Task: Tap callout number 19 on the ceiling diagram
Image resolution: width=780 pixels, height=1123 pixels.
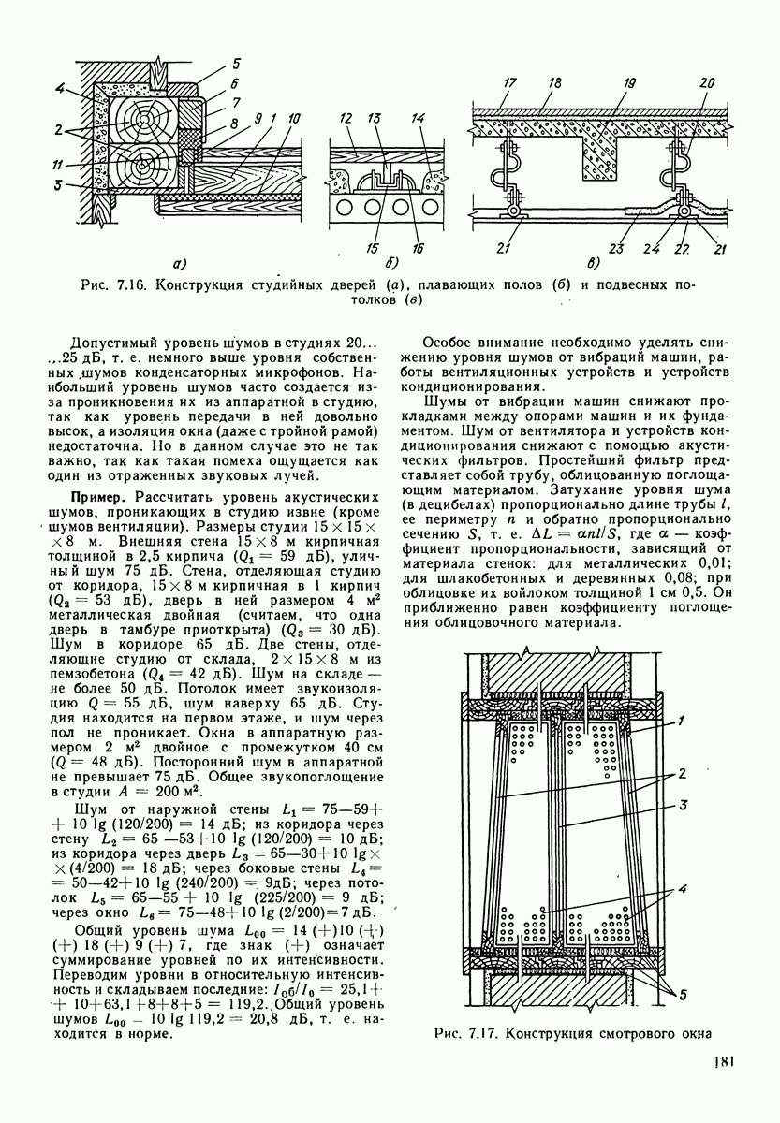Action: tap(629, 82)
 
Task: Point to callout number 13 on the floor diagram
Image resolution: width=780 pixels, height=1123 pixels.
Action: tap(376, 122)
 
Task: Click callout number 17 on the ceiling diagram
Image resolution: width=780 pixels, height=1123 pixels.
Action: tap(509, 83)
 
